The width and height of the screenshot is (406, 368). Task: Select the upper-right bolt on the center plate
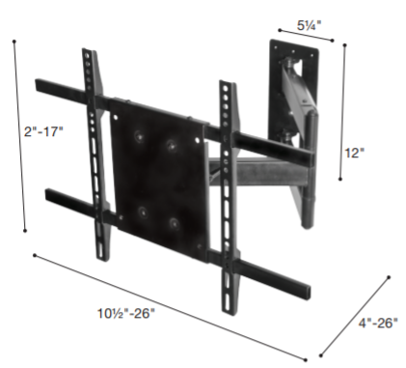(x=171, y=146)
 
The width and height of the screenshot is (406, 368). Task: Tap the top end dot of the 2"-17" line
(x=16, y=42)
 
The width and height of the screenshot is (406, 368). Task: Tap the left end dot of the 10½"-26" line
(x=35, y=256)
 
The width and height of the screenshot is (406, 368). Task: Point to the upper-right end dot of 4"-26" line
(x=389, y=276)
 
